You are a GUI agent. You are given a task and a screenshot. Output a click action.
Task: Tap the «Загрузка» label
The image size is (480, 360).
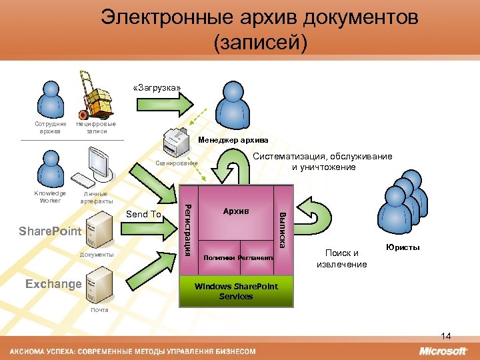tap(156, 87)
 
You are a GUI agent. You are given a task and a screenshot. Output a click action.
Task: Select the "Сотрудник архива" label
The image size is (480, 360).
tap(51, 127)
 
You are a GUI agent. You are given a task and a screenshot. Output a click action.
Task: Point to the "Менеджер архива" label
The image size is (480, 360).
tap(233, 140)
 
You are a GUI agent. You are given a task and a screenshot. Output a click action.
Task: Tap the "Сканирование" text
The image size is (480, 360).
tap(177, 163)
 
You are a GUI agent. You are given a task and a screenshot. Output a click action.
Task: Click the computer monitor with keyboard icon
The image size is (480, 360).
tap(93, 168)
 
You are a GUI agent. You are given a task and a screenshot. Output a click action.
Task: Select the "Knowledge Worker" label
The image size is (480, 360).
tap(50, 197)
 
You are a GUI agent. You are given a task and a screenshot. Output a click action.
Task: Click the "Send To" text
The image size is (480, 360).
tap(143, 214)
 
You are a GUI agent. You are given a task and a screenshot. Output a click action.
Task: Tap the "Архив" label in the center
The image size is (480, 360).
tap(236, 211)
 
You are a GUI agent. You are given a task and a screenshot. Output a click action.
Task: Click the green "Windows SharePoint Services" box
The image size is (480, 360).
tap(237, 291)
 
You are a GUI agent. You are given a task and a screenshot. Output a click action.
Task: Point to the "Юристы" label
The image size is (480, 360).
tap(403, 247)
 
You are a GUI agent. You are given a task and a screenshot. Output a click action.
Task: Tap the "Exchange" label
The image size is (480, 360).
tap(53, 284)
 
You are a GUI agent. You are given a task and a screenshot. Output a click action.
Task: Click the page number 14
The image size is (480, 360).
tap(447, 335)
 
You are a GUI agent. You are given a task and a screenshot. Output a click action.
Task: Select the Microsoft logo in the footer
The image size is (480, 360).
tap(443, 351)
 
